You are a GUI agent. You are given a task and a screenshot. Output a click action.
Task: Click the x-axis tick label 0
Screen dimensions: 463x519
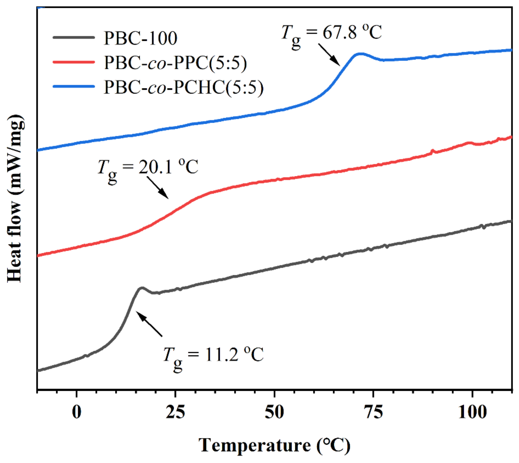pos(77,412)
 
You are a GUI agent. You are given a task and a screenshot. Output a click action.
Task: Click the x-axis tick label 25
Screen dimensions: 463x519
pos(175,412)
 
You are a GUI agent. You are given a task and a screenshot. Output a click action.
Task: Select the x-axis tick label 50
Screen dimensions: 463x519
pos(274,412)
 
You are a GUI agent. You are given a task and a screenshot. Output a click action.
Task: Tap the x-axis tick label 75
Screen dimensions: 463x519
pos(373,412)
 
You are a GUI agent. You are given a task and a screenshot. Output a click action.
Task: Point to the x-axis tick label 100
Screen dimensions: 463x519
pos(472,412)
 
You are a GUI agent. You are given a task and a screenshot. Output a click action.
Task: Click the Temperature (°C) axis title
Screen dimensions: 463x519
pos(274,445)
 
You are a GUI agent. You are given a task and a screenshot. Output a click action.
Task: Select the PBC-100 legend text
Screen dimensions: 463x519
pos(140,38)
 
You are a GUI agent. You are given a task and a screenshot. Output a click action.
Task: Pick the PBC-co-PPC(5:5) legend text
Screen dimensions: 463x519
pos(175,63)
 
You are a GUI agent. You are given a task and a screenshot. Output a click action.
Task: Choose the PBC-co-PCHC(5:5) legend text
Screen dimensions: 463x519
pos(183,87)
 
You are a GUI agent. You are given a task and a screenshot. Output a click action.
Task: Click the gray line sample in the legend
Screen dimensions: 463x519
pos(74,38)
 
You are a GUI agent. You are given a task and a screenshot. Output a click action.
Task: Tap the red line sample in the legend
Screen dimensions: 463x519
pos(74,62)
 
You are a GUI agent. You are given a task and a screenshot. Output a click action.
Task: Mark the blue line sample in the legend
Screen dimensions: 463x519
pos(74,86)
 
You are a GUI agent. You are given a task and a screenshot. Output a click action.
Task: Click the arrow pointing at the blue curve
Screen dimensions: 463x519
pos(329,55)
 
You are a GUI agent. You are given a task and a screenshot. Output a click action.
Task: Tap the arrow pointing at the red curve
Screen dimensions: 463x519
pos(158,188)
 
